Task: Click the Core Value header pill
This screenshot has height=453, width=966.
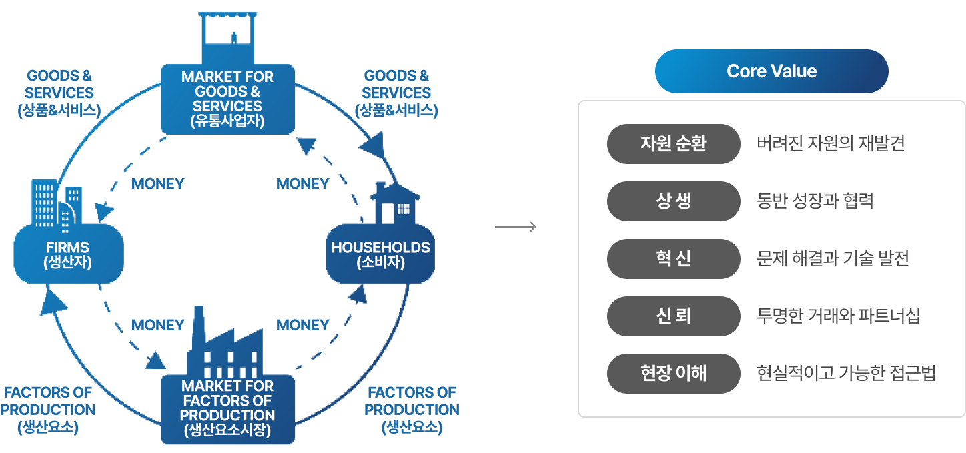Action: coord(771,71)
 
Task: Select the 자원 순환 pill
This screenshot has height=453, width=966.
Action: coord(673,143)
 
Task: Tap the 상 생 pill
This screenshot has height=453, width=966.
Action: coord(673,201)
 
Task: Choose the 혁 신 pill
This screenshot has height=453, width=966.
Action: coord(673,258)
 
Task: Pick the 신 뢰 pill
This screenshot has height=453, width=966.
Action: coord(673,316)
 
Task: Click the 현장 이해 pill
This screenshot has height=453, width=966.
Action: coord(673,373)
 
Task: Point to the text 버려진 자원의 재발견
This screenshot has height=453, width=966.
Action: coord(831,143)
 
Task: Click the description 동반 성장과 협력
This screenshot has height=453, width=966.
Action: coord(815,201)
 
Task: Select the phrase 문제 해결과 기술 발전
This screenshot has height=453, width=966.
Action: coord(833,258)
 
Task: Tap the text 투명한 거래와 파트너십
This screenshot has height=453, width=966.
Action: coord(839,316)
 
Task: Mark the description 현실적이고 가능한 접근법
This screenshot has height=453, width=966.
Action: coord(846,373)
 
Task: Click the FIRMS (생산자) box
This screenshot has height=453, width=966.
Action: coord(68,254)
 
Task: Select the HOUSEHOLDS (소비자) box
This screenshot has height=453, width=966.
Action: coord(380,254)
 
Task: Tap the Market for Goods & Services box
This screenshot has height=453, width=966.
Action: coord(227,99)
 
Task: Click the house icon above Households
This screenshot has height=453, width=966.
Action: coord(395,203)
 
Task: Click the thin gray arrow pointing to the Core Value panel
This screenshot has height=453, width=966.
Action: coord(515,228)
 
